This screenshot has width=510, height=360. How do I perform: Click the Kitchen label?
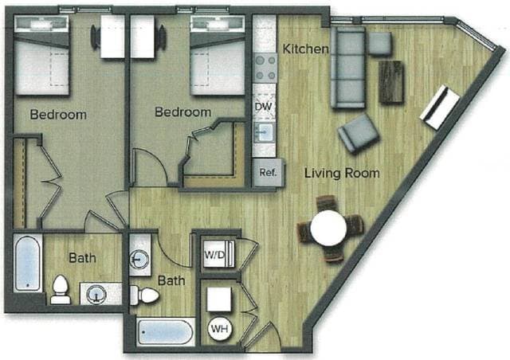point(306,49)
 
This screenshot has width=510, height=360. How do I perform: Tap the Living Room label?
point(340,173)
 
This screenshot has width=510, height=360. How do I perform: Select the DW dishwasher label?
point(264,105)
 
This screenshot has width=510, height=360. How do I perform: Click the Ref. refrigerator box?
point(267,172)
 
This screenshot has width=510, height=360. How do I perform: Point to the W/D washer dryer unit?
point(216,255)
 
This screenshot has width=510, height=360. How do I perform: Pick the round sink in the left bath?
point(97,293)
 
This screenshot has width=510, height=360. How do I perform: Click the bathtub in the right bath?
point(165,331)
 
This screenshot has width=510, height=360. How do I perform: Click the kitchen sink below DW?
point(264,131)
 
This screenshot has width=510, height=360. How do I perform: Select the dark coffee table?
point(391,81)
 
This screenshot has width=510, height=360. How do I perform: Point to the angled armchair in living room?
point(358,133)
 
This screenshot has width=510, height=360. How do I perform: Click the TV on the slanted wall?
point(440,108)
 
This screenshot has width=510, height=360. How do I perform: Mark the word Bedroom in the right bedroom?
point(182,112)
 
